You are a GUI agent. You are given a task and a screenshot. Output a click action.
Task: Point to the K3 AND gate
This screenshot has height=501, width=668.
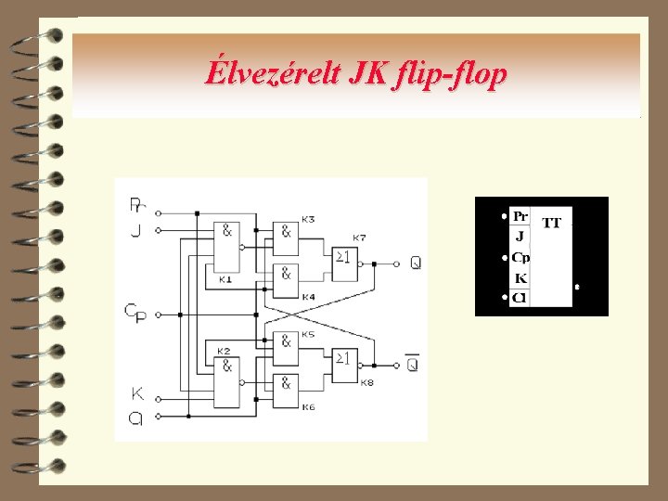coord(286,233)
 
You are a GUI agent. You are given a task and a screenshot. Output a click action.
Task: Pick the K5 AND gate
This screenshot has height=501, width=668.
coord(286,341)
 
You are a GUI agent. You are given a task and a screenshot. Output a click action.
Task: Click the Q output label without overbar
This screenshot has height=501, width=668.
coord(414,263)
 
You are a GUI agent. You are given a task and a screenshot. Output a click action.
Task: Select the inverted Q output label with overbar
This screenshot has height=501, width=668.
coord(412,364)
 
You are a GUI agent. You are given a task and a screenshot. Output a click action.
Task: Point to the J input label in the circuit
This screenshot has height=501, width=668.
coord(135,229)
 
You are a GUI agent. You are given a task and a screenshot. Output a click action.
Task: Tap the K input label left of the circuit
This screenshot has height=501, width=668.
coord(137,393)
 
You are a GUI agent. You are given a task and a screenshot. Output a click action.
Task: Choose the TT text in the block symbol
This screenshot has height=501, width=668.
coord(551,224)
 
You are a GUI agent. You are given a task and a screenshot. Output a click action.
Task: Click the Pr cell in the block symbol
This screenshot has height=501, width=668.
coord(520,216)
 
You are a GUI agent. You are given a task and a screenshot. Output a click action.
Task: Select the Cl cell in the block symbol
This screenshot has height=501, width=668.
coord(520,298)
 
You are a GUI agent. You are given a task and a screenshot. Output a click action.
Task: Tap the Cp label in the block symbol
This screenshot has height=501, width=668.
coord(520,257)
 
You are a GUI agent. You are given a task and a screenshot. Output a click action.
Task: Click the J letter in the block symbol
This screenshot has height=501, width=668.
coord(520,237)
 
